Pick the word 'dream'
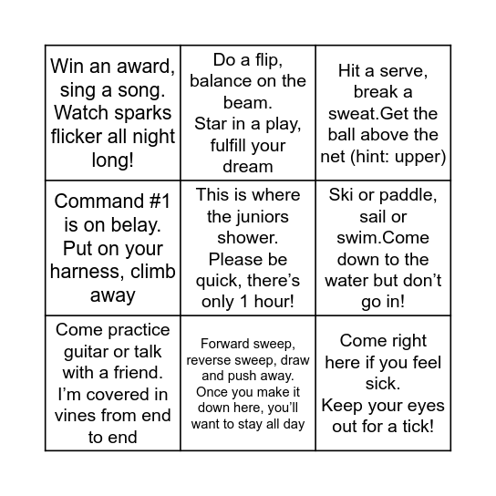248,166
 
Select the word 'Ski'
341,195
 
